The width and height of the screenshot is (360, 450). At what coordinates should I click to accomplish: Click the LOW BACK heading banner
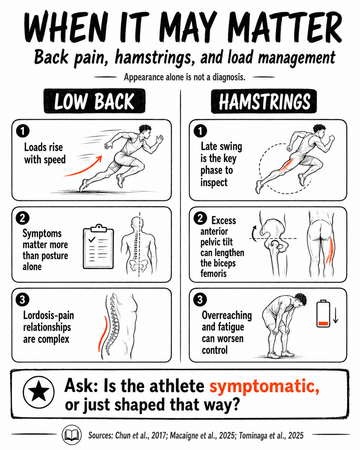click(95, 101)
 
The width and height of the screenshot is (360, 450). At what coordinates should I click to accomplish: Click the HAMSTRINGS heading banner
click(264, 101)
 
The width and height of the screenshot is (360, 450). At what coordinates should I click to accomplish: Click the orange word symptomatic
click(264, 386)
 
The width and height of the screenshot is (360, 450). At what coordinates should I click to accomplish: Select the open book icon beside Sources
click(72, 435)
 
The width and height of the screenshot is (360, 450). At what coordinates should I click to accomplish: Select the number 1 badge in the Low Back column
click(22, 131)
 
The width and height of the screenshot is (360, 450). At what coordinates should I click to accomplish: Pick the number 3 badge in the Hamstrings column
click(200, 300)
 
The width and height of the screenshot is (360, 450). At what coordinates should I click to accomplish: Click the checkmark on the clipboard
click(92, 239)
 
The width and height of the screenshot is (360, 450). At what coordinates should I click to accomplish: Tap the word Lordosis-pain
click(48, 315)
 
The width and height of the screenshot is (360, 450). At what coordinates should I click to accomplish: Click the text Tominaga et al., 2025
click(271, 435)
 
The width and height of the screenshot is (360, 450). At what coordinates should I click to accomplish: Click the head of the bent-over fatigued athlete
click(300, 300)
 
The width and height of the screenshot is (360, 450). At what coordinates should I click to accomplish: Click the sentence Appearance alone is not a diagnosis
click(184, 77)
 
